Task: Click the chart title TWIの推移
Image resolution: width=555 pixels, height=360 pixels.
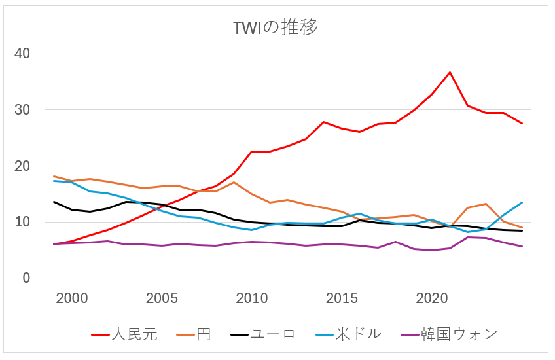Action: tap(276, 28)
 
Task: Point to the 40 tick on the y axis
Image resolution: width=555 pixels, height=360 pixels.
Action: tap(23, 54)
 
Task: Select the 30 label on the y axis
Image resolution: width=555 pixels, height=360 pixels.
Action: tap(23, 110)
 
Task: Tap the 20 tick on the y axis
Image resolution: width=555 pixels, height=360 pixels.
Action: tap(23, 166)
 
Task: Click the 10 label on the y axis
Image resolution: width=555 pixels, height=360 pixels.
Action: tap(23, 223)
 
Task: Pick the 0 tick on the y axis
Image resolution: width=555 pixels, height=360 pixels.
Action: tap(26, 278)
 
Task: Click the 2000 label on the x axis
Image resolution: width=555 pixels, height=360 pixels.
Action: tap(72, 298)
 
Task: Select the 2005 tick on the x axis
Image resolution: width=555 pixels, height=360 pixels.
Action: tap(162, 298)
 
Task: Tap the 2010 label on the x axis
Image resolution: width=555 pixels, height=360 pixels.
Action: tap(252, 298)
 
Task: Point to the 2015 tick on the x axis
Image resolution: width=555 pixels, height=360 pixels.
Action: tap(342, 298)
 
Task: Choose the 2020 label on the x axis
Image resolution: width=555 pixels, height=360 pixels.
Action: tap(432, 298)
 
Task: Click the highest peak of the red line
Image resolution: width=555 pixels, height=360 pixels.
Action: tap(450, 72)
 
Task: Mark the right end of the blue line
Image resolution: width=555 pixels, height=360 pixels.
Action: tap(522, 202)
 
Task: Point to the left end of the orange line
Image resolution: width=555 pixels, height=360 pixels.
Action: tap(54, 176)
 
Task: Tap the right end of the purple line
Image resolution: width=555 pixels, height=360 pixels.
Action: tap(522, 247)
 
